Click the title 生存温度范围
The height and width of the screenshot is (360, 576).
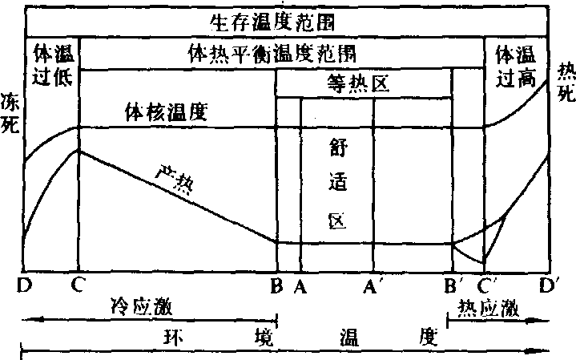pyautogui.click(x=272, y=22)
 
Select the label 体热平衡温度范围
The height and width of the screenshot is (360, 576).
pyautogui.click(x=272, y=54)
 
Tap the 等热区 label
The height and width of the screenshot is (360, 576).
pyautogui.click(x=358, y=84)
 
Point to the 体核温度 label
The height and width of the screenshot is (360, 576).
pyautogui.click(x=167, y=111)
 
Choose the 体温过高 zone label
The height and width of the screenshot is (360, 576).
pyautogui.click(x=515, y=67)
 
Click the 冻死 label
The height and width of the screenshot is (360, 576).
pyautogui.click(x=10, y=113)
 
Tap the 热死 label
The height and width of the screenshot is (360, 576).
pyautogui.click(x=566, y=82)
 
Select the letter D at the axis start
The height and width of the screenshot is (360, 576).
pyautogui.click(x=25, y=285)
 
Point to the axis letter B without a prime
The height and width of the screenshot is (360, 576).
pyautogui.click(x=277, y=285)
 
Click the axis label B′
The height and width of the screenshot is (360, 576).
pyautogui.click(x=451, y=285)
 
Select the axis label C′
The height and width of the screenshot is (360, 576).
pyautogui.click(x=487, y=285)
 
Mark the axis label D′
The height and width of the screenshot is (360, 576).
pyautogui.click(x=549, y=285)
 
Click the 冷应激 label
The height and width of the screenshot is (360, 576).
pyautogui.click(x=142, y=306)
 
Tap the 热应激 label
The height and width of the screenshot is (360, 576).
pyautogui.click(x=488, y=307)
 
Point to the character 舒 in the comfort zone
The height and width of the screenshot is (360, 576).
pyautogui.click(x=338, y=148)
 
